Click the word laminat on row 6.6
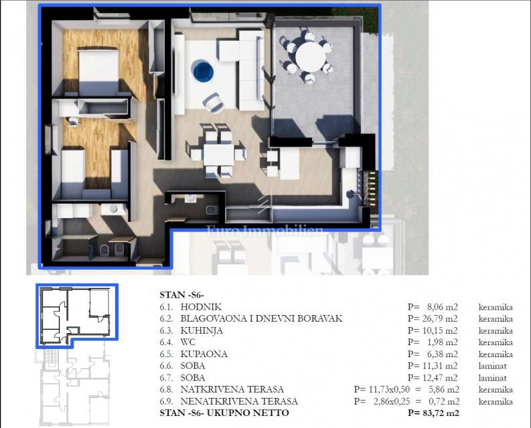(494, 366)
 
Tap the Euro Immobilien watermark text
(265, 231)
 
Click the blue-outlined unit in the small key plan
(76, 314)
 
